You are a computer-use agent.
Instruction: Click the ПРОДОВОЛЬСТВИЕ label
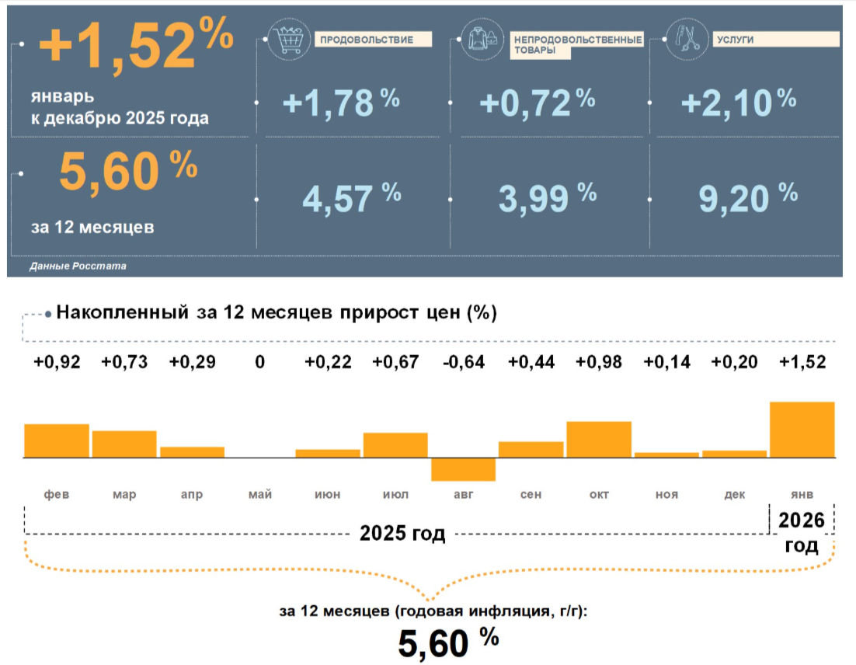click(x=363, y=39)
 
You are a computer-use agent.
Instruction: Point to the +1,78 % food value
click(x=340, y=103)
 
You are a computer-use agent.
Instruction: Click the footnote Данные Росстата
click(x=78, y=266)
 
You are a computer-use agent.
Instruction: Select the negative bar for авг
click(x=463, y=469)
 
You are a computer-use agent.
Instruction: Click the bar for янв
click(x=802, y=430)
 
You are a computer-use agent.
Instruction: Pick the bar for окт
click(x=598, y=440)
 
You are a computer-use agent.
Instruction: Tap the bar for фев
click(x=57, y=440)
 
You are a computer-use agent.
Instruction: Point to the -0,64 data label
click(x=463, y=362)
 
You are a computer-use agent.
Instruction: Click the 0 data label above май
click(x=259, y=362)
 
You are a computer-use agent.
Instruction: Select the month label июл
click(x=395, y=495)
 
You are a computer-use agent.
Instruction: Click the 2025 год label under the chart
click(x=402, y=534)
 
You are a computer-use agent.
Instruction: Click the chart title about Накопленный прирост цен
click(x=277, y=313)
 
